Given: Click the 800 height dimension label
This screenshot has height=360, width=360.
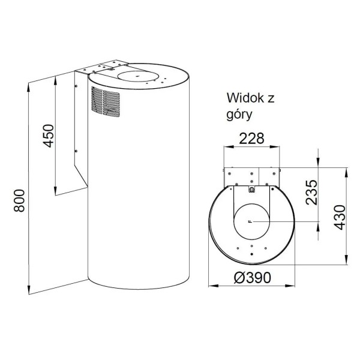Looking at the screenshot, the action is point(19,200).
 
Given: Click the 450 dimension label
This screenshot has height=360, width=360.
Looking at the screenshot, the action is point(49,136).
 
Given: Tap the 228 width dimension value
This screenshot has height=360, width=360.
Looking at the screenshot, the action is point(251,139).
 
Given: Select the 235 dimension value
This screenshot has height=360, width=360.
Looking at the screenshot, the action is point(311,193).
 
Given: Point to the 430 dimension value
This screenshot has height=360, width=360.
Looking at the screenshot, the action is point(340,217).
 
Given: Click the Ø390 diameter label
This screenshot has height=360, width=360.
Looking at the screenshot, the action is point(252,278).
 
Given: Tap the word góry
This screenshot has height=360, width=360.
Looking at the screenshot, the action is point(239,115).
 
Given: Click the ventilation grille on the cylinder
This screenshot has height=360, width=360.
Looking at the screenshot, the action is point(106,102).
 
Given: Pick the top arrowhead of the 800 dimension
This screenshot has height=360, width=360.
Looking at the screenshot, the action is point(28,87).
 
